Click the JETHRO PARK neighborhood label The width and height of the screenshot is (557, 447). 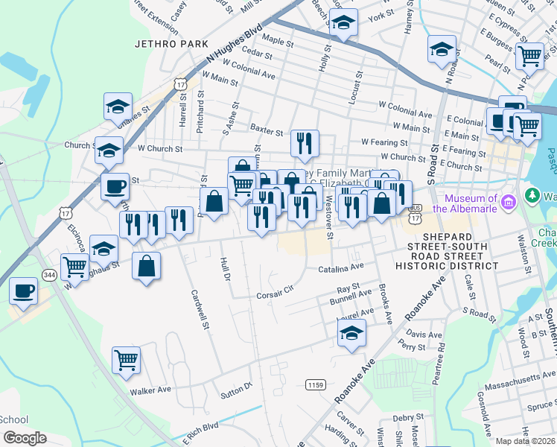(171, 44)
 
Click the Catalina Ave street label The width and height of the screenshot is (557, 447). (341, 267)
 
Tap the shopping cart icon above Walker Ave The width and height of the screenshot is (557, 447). (126, 360)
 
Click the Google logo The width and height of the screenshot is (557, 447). (25, 438)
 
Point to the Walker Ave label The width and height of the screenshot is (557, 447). (150, 390)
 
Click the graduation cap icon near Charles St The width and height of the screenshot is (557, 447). (118, 107)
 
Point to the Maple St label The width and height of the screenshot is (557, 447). (278, 39)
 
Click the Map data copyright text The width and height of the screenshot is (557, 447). (526, 441)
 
